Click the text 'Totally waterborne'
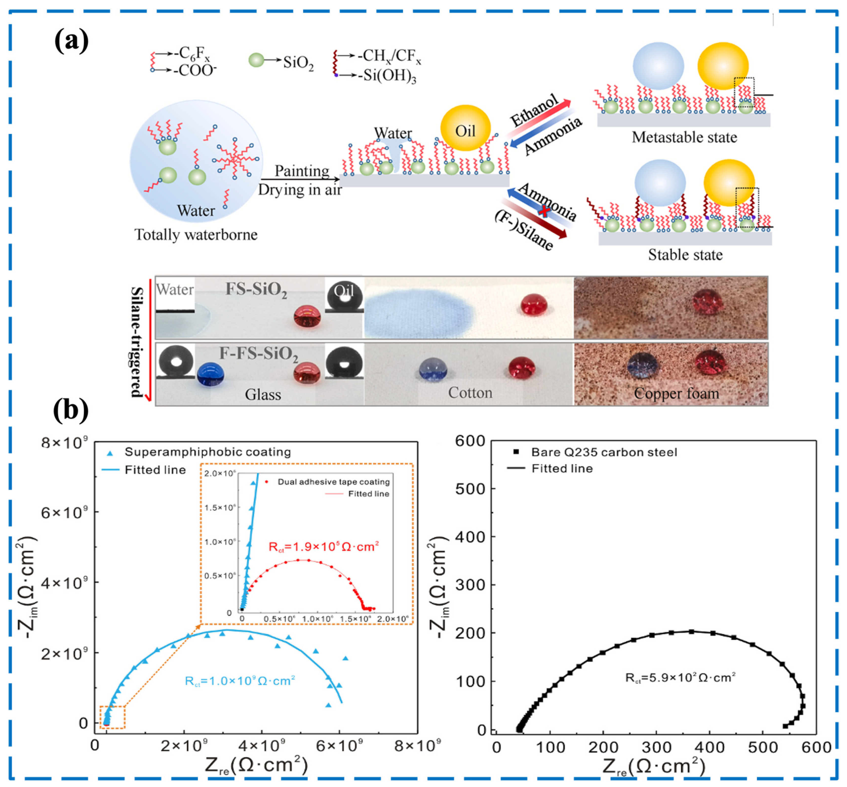click(x=196, y=235)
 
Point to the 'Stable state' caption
click(x=685, y=255)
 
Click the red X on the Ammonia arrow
click(x=543, y=210)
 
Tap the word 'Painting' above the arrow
click(x=302, y=171)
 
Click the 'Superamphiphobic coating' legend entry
click(x=207, y=452)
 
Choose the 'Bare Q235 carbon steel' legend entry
click(x=604, y=452)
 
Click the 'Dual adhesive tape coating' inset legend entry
click(x=333, y=482)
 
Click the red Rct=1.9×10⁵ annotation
click(x=324, y=546)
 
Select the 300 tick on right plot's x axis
click(x=656, y=747)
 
